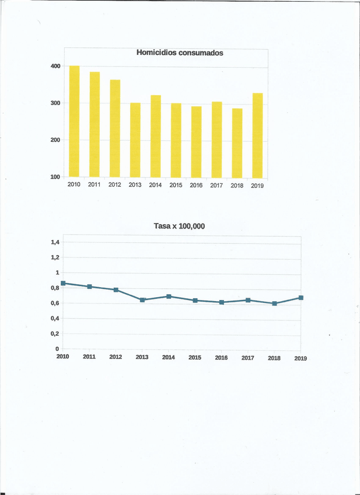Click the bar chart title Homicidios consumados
180,53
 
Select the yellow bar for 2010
74,121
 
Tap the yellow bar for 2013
135,140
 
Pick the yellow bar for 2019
257,135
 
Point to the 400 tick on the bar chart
55,66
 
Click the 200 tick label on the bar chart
55,140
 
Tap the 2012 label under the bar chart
115,185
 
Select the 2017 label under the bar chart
216,186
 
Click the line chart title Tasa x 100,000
179,226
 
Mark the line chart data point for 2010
63,283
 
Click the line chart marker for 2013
142,300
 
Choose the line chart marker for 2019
301,298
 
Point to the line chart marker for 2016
222,302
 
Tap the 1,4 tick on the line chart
55,242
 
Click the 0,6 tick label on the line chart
55,303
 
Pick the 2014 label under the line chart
169,357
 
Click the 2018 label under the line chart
274,358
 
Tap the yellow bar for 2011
95,124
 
